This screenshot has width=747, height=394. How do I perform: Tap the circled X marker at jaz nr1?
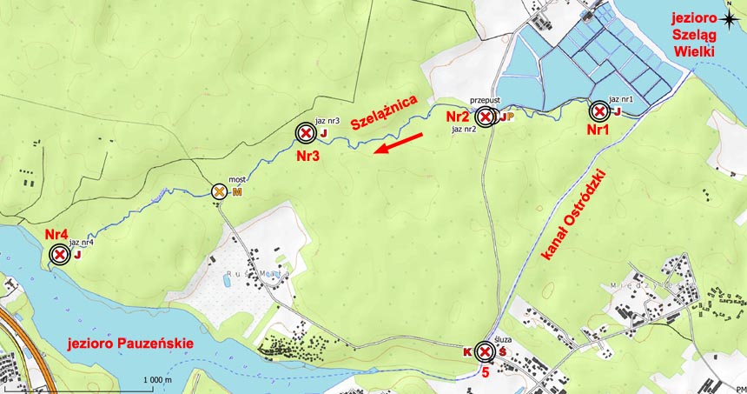tap(598, 111)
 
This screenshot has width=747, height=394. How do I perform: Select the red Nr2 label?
tap(458, 116)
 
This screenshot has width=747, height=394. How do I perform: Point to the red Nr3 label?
tap(308, 157)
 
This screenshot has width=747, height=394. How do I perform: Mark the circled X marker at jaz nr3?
tap(305, 133)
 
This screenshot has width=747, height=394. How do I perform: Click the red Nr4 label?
tap(56, 235)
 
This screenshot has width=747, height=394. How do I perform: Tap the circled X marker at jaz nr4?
tap(59, 255)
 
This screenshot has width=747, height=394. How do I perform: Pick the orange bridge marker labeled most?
tap(220, 191)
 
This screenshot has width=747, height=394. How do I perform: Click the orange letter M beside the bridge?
tap(236, 192)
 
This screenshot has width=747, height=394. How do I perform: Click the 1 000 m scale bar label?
tap(157, 380)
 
